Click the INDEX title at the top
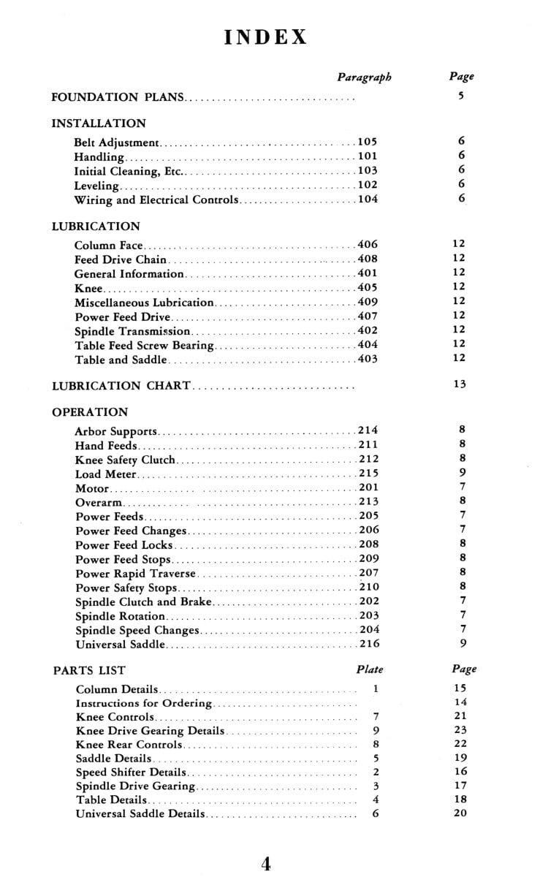[267, 37]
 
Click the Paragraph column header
[364, 77]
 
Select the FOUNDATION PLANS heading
[116, 96]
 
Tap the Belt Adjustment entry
[116, 143]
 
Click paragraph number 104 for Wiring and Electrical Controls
[368, 200]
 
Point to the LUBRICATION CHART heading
[121, 385]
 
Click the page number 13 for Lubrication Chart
[459, 384]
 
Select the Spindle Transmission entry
[123, 331]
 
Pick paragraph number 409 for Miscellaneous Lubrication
[368, 302]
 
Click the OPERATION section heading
[90, 412]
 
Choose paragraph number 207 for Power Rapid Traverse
[368, 573]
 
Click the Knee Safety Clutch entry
[125, 460]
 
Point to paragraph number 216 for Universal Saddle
[368, 644]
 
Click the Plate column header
[369, 669]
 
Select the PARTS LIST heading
[89, 670]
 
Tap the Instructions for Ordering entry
[144, 703]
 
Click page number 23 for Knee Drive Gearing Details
[460, 729]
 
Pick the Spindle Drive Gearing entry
[135, 786]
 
